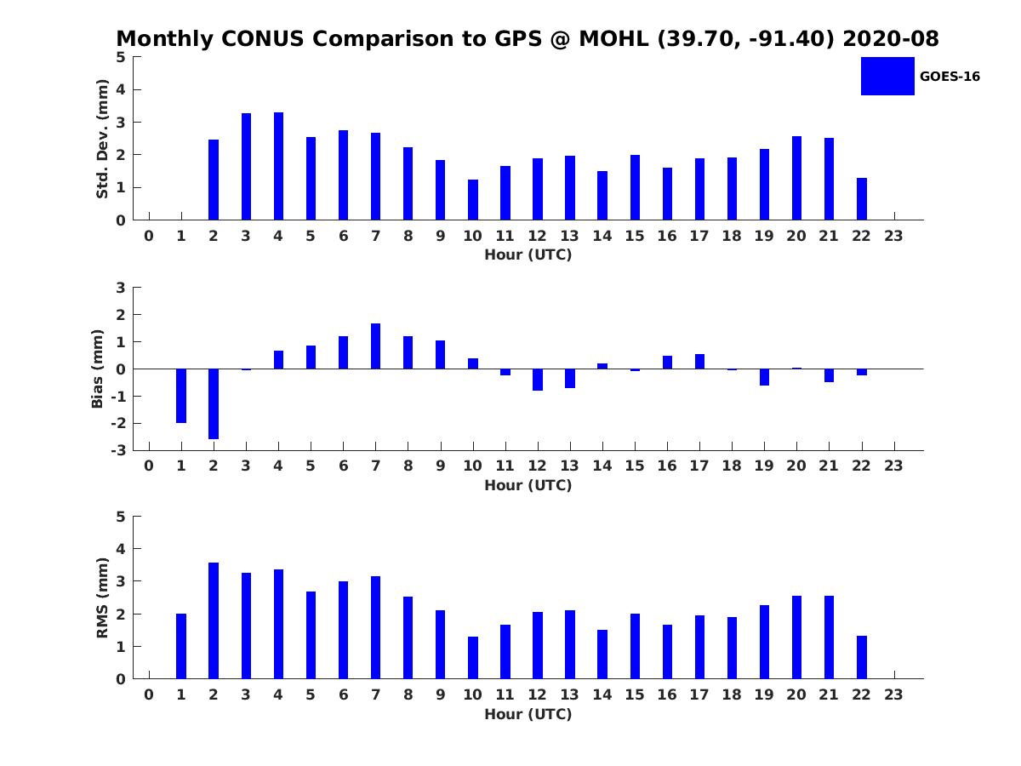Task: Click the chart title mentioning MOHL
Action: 528,39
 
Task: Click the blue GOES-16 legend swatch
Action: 887,76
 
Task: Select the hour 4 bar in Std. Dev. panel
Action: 278,166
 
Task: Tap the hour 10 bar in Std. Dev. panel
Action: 473,200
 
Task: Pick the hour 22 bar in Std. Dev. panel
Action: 862,199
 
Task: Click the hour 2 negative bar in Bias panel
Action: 214,403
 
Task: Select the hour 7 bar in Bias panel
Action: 375,346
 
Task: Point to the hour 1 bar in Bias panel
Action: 181,396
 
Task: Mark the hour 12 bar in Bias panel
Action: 538,380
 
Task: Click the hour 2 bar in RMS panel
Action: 214,620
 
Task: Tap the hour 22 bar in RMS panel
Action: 862,657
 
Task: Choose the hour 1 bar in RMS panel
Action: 181,646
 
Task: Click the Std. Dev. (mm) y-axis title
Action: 102,139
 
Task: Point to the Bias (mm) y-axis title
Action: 98,369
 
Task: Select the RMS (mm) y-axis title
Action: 102,597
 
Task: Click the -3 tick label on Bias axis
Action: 119,450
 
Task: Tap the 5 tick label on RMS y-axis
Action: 121,517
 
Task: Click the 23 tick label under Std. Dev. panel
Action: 894,237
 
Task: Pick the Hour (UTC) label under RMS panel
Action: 528,714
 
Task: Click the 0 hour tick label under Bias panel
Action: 149,466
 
